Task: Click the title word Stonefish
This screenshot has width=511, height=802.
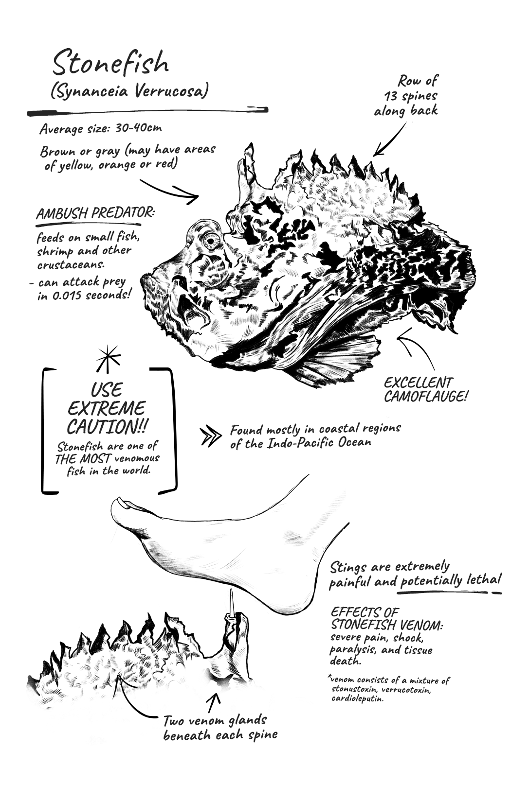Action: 110,63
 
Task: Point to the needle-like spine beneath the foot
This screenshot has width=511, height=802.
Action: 232,602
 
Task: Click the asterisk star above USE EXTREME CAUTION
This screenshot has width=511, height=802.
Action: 109,359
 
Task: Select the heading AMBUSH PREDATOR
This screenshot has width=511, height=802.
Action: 95,213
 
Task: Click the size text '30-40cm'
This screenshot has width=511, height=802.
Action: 138,128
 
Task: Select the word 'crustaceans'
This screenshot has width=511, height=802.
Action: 71,265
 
